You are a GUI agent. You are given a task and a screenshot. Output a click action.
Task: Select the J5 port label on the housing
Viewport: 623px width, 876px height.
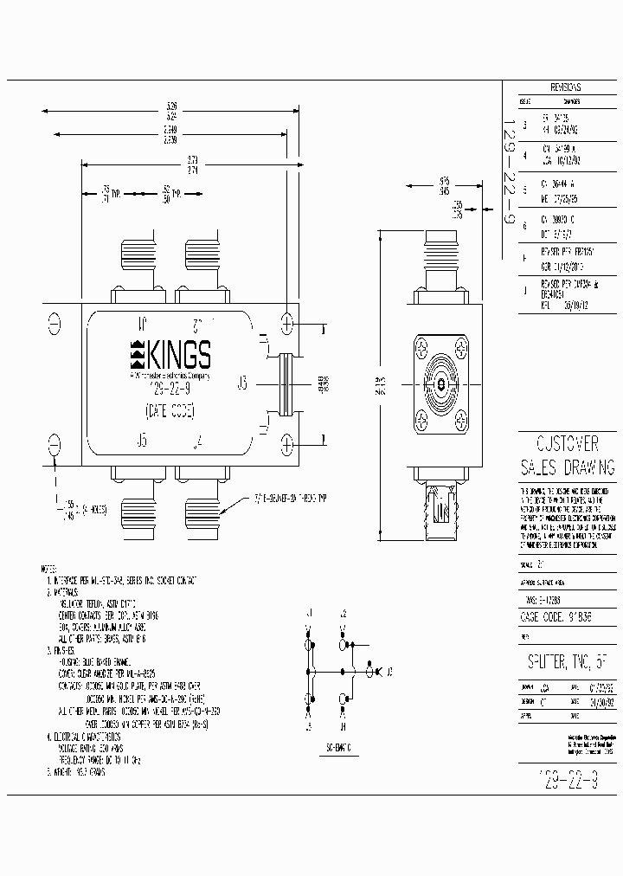[141, 441]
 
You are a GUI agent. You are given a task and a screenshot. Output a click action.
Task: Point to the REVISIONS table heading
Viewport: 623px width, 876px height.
[564, 88]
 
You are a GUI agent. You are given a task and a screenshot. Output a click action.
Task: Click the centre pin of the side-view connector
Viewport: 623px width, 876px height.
[440, 382]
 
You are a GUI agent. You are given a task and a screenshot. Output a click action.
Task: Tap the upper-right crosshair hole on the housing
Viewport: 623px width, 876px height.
[286, 323]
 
